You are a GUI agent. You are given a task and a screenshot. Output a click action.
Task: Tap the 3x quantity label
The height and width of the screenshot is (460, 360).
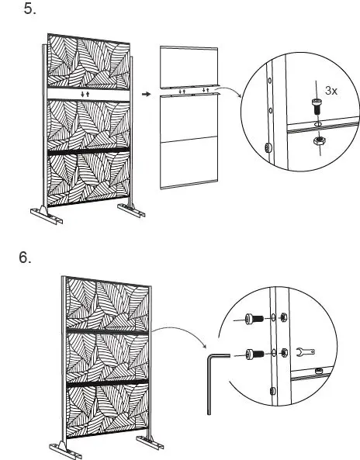(331, 91)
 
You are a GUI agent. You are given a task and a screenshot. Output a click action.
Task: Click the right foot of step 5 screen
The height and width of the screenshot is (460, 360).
(128, 211)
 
